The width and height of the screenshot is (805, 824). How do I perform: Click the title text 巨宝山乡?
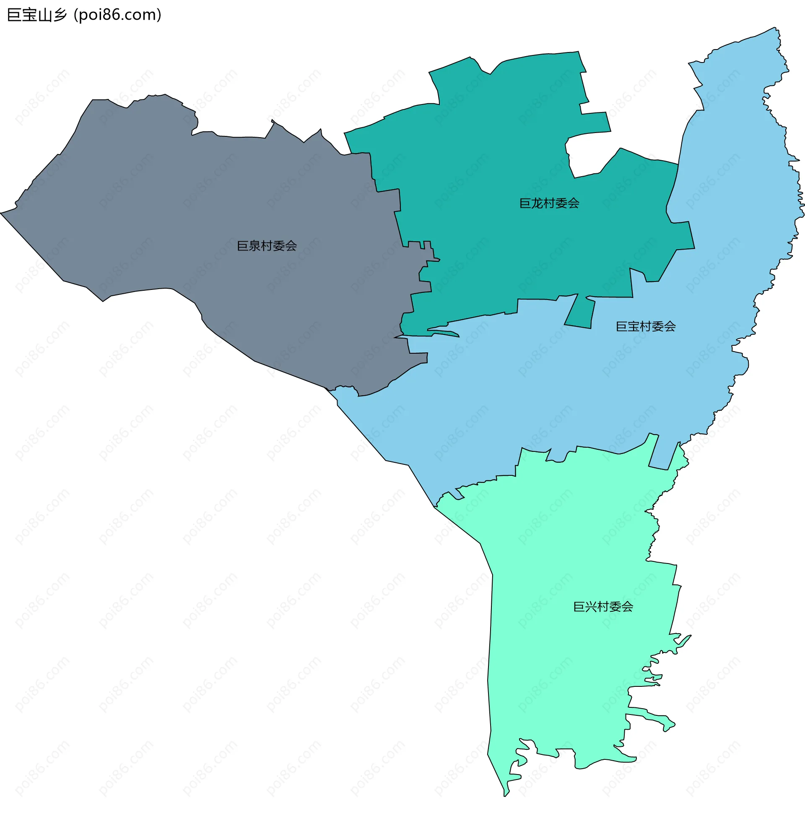tap(37, 15)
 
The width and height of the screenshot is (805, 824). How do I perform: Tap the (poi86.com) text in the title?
tap(117, 15)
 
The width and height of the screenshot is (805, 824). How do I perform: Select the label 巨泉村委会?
tap(267, 246)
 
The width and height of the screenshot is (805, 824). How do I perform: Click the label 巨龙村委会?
tap(549, 203)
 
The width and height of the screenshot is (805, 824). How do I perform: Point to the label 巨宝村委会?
tap(646, 326)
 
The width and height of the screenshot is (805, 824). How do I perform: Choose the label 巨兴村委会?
tap(603, 607)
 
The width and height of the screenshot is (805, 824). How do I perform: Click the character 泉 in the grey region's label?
tap(254, 246)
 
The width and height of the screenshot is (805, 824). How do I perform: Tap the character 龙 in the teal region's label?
tap(537, 203)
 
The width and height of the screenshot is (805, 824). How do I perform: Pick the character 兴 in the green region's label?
tap(591, 607)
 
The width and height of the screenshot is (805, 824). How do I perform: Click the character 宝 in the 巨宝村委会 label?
tap(634, 326)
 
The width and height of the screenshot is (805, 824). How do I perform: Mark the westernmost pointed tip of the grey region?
tap(1, 213)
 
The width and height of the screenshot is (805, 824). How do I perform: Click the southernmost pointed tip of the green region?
tap(505, 796)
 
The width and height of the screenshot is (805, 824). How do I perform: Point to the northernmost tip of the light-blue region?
tap(775, 28)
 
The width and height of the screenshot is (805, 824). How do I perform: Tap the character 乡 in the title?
tap(60, 15)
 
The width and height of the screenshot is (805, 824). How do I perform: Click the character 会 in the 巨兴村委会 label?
tap(627, 607)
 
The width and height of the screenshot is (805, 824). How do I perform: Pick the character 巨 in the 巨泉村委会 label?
tap(243, 246)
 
